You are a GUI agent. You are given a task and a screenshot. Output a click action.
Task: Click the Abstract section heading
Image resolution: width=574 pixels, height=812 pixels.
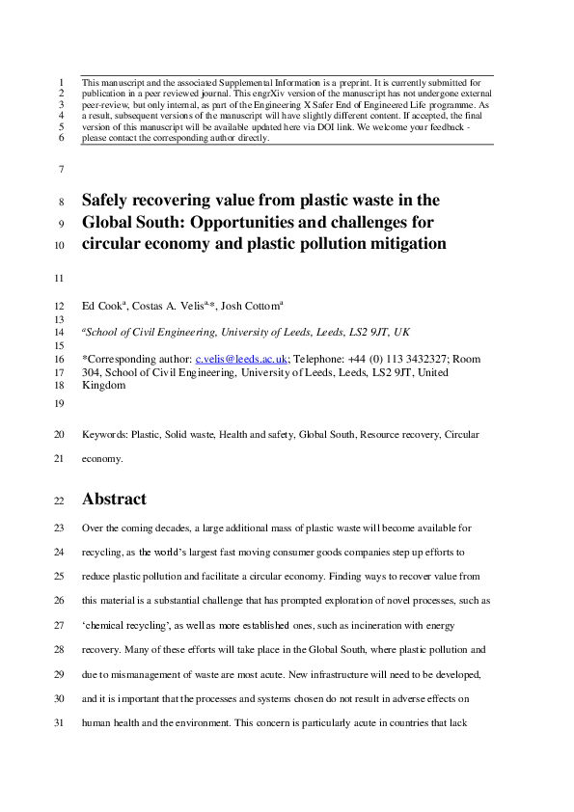(114, 500)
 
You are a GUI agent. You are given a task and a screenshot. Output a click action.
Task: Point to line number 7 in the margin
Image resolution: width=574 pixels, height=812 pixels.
(62, 170)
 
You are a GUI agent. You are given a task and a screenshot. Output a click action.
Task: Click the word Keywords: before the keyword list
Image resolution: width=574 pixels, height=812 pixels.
(105, 435)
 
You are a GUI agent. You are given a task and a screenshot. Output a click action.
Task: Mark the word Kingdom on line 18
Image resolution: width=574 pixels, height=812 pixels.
(104, 385)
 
